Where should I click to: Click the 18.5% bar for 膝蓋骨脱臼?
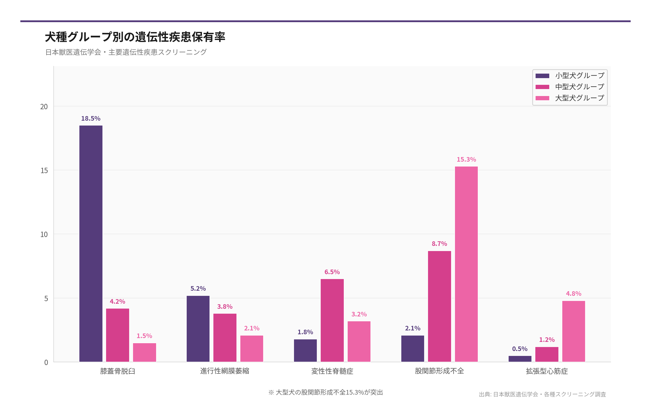[x=91, y=243]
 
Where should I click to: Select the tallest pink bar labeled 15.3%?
[x=466, y=264]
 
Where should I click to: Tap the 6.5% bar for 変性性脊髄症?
[x=332, y=320]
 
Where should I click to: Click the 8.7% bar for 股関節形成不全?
[x=439, y=306]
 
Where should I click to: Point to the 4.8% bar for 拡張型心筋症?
[x=573, y=331]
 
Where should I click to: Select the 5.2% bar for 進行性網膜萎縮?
[x=198, y=328]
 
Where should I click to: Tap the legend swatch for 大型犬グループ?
[x=542, y=98]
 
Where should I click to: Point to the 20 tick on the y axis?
[x=44, y=107]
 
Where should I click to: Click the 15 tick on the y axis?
[x=44, y=171]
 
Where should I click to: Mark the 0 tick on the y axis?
[x=46, y=362]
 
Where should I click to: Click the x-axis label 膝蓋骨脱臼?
[x=118, y=371]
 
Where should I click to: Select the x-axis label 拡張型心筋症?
[x=547, y=371]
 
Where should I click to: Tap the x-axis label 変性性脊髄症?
[x=332, y=371]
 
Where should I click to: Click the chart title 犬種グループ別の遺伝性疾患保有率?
[x=135, y=37]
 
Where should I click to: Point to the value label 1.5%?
[x=144, y=336]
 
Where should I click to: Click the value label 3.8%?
[x=225, y=306]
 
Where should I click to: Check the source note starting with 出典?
[x=542, y=394]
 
